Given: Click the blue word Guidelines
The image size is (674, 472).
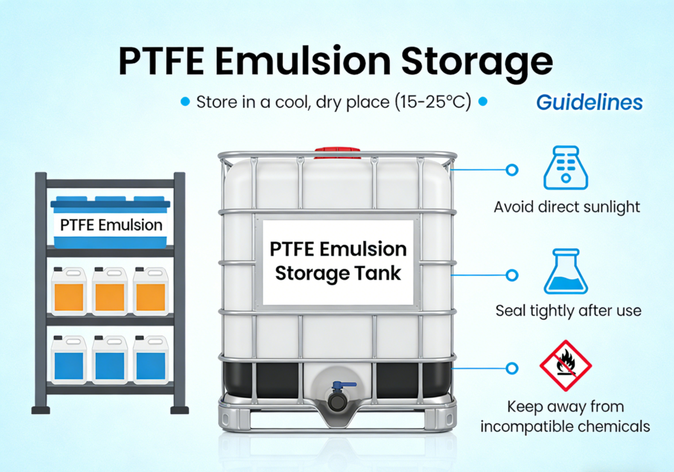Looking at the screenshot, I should coord(589,102).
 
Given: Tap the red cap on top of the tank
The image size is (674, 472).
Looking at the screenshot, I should coord(336,153).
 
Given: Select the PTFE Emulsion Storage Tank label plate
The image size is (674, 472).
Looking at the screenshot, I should coord(338,261).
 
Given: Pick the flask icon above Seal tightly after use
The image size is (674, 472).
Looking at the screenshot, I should coord(565,272).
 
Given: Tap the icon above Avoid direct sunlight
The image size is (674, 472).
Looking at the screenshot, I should coord(565,169).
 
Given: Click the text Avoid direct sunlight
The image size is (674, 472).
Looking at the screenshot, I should coord(567,207).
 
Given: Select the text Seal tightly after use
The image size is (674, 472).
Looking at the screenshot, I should coord(568,310).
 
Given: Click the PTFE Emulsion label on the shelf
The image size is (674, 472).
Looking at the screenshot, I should coord(111,225).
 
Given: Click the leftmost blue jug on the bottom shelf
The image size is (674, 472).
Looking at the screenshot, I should coord(69,359).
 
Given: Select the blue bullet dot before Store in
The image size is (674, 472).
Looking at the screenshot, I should coord(185,102).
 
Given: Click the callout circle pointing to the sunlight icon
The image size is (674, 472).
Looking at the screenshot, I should coord(511,170).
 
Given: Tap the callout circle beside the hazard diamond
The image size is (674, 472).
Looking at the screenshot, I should coord(511,368).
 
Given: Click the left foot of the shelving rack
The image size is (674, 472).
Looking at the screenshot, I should coord(41,409).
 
